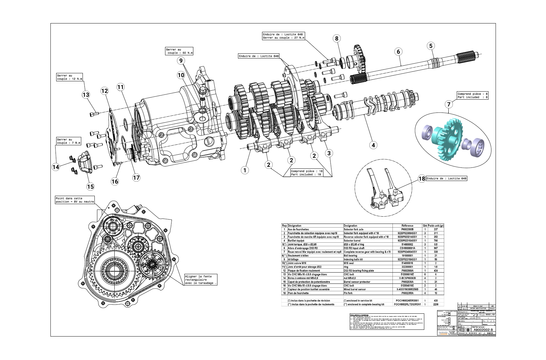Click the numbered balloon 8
click(x=336, y=39)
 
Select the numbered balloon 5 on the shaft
click(x=431, y=46)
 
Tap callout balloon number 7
click(x=449, y=104)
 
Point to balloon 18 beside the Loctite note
click(x=421, y=178)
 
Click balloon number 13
click(x=85, y=94)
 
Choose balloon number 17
click(x=136, y=177)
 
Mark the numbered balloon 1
click(x=245, y=170)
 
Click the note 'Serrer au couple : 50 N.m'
click(x=179, y=51)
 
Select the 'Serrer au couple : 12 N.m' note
click(x=69, y=77)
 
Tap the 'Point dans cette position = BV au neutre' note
click(x=75, y=200)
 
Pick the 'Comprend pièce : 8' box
click(x=472, y=95)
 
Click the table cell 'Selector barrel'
click(x=354, y=240)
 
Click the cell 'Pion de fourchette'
click(x=298, y=293)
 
